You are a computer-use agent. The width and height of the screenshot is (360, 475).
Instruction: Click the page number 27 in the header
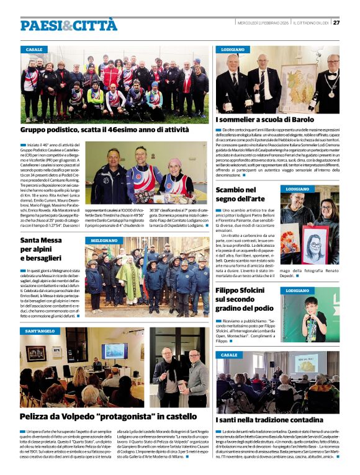(336, 22)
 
